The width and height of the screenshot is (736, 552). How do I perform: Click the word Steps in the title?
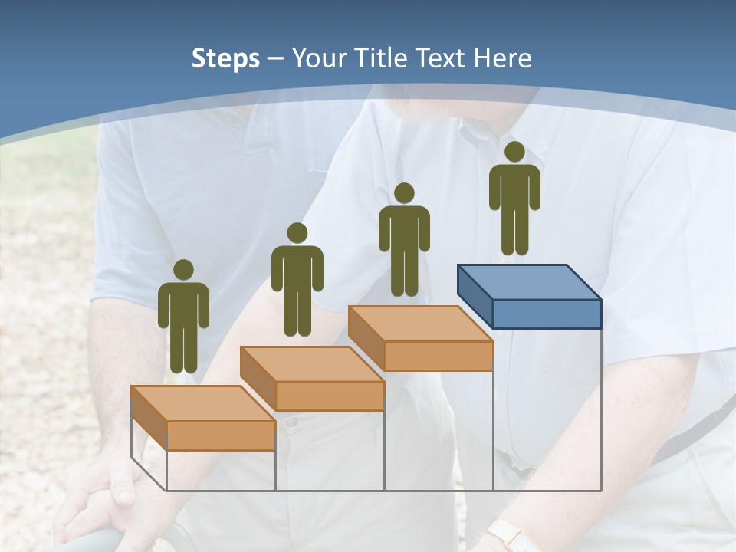point(225,58)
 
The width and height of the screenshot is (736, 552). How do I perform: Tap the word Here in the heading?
point(502,58)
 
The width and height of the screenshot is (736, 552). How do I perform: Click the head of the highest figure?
point(514,152)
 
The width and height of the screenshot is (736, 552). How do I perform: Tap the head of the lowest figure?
point(183,270)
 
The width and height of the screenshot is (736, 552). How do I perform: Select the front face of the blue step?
point(547,314)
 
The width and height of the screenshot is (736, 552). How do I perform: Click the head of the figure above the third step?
point(404,193)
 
